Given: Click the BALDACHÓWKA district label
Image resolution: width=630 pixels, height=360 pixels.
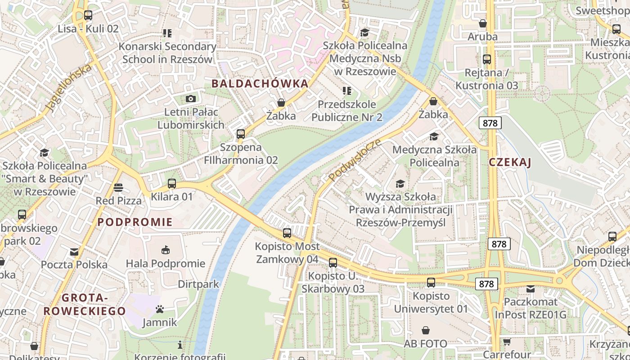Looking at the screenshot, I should point(260,83).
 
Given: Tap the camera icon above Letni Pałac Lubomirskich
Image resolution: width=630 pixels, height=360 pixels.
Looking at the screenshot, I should point(191,99).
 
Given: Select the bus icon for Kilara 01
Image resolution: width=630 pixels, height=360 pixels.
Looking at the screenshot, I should point(171,183).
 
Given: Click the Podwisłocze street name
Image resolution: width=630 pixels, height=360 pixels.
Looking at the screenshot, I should point(355,160).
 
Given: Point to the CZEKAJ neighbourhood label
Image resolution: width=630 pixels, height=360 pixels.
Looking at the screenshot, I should point(510,162).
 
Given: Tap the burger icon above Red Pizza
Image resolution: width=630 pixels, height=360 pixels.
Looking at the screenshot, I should point(118,187).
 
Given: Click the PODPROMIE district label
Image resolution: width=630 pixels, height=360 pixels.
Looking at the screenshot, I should point(135,222).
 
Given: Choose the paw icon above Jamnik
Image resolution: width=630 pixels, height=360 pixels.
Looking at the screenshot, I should point(159,309).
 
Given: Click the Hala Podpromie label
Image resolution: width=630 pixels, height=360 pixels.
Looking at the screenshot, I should point(165,263).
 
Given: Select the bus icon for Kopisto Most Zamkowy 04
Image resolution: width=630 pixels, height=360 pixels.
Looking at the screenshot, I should point(287,233).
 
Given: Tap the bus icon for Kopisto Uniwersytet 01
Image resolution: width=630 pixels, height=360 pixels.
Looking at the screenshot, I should point(431,282).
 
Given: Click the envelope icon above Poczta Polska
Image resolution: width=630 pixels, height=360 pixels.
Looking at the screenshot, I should point(74,252).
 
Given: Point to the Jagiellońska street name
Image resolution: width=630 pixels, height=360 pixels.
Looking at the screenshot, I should point(68,88).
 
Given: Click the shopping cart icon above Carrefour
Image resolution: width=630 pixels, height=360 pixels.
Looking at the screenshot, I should point(507,342).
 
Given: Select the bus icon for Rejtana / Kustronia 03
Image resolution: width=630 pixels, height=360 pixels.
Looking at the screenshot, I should point(486,59).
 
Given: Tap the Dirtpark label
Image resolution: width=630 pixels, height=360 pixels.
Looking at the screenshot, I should point(198,284).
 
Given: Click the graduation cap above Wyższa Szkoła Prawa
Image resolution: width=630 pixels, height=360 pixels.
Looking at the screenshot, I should point(400,183).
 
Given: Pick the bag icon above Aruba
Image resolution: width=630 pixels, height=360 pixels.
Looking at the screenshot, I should point(482,23).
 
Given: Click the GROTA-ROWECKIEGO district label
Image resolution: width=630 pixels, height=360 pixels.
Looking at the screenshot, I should point(85,304).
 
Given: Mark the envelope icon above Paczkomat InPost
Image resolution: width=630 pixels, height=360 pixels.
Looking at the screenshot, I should point(531,288).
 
